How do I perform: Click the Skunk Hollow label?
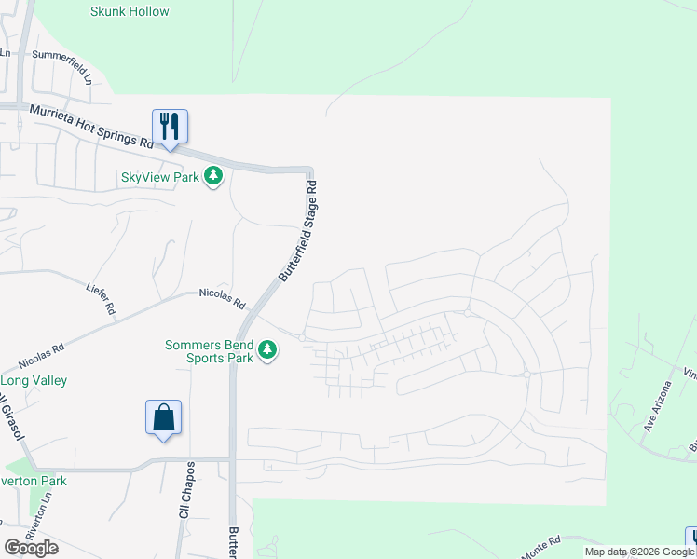130,11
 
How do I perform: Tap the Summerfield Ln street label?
62,67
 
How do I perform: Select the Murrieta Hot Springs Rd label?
90,127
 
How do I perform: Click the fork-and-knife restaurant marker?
170,127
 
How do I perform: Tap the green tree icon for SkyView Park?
214,175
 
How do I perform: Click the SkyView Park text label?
160,177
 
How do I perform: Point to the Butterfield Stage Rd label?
299,233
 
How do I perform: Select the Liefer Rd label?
102,296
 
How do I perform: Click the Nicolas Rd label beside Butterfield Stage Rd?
222,298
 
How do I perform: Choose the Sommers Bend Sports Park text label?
210,350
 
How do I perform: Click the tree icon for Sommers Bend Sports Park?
267,350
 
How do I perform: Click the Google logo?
31,548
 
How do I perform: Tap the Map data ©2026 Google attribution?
639,552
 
